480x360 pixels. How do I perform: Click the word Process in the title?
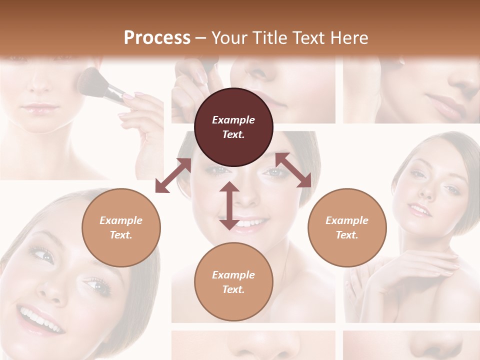point(157,38)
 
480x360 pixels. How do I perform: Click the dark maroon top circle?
point(233,127)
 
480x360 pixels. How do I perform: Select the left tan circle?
point(121,227)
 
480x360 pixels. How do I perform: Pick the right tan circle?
point(347,227)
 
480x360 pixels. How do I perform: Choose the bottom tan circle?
point(233,282)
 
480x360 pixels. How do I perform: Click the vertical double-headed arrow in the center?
point(229,205)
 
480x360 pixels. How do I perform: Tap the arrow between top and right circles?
point(293,170)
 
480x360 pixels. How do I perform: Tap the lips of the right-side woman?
point(420,209)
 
